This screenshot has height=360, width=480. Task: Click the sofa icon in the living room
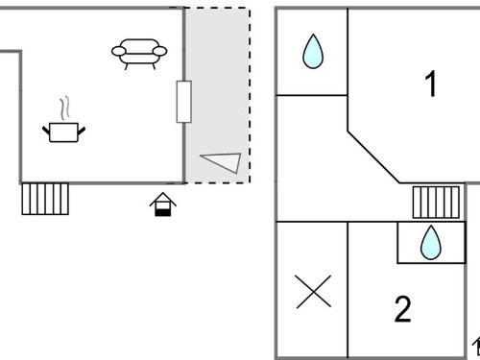(139, 54)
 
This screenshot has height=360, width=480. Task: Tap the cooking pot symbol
(64, 132)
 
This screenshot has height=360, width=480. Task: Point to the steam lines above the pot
(64, 108)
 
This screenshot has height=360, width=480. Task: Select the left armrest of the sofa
(118, 51)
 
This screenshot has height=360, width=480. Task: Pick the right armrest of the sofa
(159, 51)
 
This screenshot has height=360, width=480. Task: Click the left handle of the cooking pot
(46, 131)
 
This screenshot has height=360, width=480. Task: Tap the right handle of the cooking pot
(82, 131)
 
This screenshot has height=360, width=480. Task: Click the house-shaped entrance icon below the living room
(163, 204)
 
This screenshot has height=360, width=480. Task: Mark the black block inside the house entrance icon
(163, 212)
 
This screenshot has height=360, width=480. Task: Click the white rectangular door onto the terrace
(184, 102)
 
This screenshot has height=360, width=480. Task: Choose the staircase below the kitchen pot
(45, 199)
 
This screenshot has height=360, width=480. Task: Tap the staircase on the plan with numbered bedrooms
(436, 203)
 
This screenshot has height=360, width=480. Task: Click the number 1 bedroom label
(431, 84)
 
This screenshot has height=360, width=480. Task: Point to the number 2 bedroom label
(402, 309)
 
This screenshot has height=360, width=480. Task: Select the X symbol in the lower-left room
(314, 292)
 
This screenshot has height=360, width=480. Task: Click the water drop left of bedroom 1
(313, 51)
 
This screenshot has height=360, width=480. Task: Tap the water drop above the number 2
(431, 242)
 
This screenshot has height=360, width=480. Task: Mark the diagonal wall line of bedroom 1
(373, 157)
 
